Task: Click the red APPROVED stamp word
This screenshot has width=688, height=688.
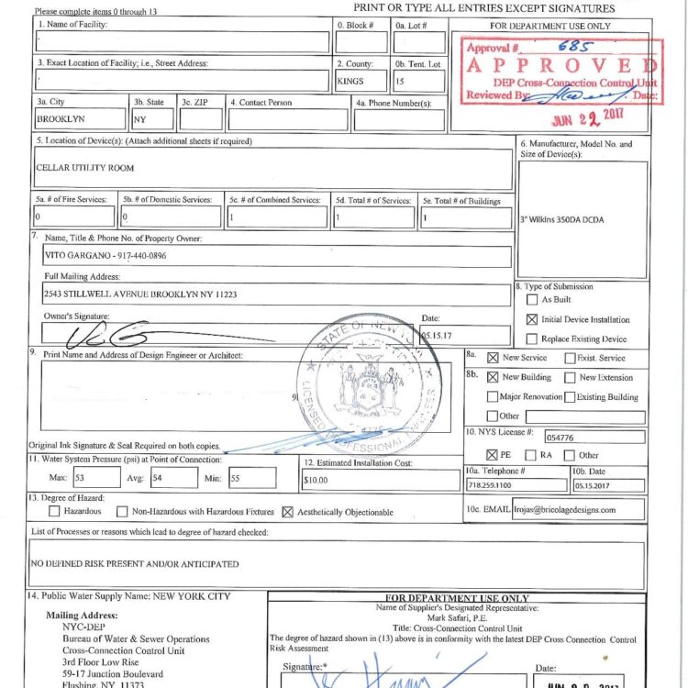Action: point(561,66)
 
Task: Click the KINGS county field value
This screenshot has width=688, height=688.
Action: point(351,82)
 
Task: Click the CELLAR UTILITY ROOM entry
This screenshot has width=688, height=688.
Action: point(84,169)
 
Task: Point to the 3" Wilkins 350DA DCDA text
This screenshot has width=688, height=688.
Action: point(562,220)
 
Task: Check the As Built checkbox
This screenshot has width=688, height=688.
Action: point(532,300)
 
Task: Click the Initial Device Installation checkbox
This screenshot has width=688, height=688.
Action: point(532,319)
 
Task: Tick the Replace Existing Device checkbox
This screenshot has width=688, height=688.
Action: point(532,338)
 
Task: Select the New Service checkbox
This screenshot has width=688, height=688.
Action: point(494,358)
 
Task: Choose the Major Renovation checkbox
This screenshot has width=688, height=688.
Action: point(494,397)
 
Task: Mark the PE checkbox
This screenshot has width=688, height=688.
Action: point(494,455)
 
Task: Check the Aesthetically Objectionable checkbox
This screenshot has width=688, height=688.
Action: point(288,512)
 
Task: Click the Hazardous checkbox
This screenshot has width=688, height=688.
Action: point(54,512)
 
